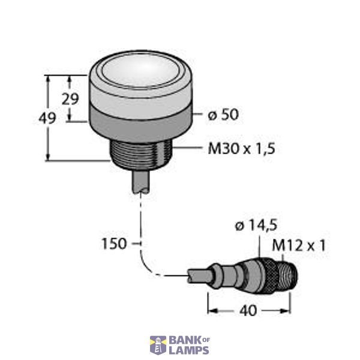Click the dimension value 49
point(47,118)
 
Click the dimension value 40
point(247,311)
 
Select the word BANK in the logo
point(182,340)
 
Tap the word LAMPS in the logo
point(188,350)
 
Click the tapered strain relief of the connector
point(228,277)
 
